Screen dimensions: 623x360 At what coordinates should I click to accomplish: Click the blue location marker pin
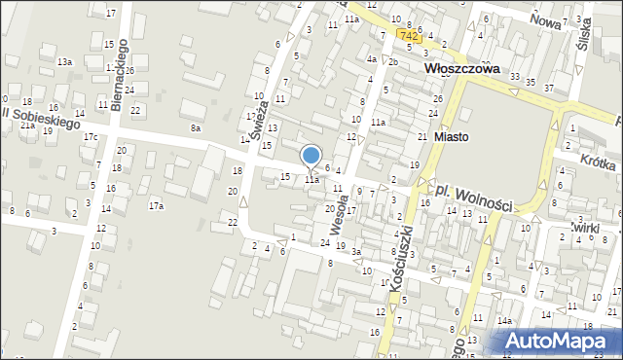(x=311, y=157)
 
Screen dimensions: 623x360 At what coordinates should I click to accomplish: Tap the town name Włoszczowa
(x=462, y=70)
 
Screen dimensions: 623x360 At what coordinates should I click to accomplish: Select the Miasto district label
(x=451, y=137)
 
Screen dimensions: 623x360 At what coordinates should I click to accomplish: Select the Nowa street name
(x=546, y=18)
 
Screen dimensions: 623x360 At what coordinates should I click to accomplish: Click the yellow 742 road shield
(x=410, y=35)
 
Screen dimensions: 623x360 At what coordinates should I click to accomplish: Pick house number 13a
(x=64, y=61)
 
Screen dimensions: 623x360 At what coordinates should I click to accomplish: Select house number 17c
(x=90, y=137)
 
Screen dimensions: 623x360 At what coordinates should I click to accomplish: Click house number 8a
(x=196, y=128)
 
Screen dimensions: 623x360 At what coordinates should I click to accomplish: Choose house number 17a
(x=156, y=206)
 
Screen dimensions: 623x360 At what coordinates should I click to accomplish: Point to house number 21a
(x=28, y=126)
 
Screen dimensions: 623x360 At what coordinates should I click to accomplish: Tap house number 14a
(x=504, y=320)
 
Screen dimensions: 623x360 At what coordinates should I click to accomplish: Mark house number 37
(x=549, y=89)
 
